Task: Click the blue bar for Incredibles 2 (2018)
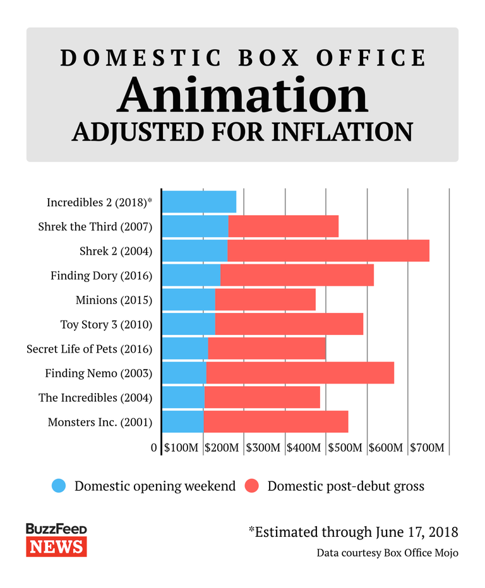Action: click(199, 202)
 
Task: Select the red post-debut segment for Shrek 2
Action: click(328, 250)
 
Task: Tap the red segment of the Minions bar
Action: click(265, 300)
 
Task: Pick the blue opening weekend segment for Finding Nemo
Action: click(184, 373)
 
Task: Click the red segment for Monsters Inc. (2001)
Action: click(275, 421)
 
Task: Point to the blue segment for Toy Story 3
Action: click(188, 324)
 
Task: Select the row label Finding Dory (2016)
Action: click(102, 276)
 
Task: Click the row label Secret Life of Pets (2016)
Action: click(90, 349)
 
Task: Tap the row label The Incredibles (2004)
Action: click(95, 397)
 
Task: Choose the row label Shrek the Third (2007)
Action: click(95, 226)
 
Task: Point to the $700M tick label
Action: click(428, 448)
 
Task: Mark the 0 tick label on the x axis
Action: click(154, 448)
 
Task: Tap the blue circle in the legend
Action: click(59, 486)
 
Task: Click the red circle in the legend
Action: click(252, 486)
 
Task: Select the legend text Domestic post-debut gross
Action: click(345, 486)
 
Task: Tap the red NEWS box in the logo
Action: click(56, 546)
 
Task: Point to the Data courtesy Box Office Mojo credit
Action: click(387, 553)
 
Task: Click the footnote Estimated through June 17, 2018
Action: click(353, 531)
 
